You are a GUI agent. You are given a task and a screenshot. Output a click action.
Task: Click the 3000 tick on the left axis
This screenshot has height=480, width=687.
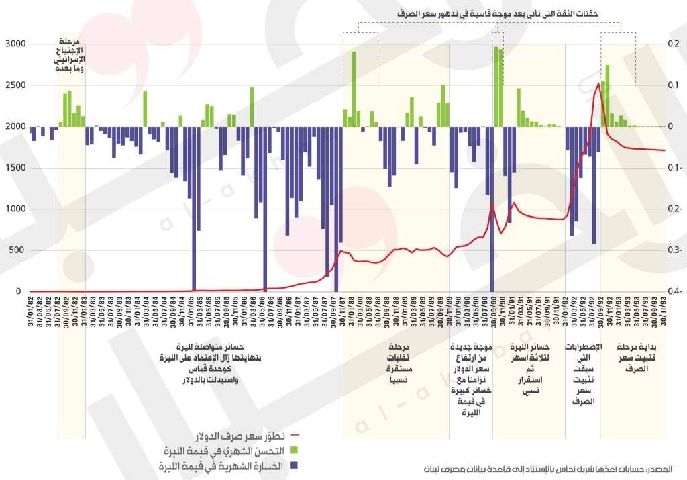pyautogui.click(x=14, y=44)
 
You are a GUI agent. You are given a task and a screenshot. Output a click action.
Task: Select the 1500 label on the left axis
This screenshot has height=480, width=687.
pyautogui.click(x=14, y=168)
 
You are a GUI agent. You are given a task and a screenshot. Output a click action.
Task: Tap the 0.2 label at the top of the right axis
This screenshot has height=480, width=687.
pyautogui.click(x=674, y=44)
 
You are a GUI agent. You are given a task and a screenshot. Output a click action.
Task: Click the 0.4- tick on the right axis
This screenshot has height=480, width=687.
pyautogui.click(x=675, y=292)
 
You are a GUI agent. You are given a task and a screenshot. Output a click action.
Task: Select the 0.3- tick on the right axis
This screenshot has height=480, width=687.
pyautogui.click(x=675, y=250)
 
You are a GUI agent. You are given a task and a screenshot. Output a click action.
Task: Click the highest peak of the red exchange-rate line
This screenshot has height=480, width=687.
pyautogui.click(x=598, y=83)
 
